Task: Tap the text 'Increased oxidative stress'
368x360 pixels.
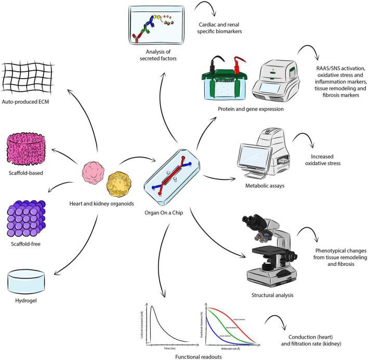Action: (324, 161)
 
